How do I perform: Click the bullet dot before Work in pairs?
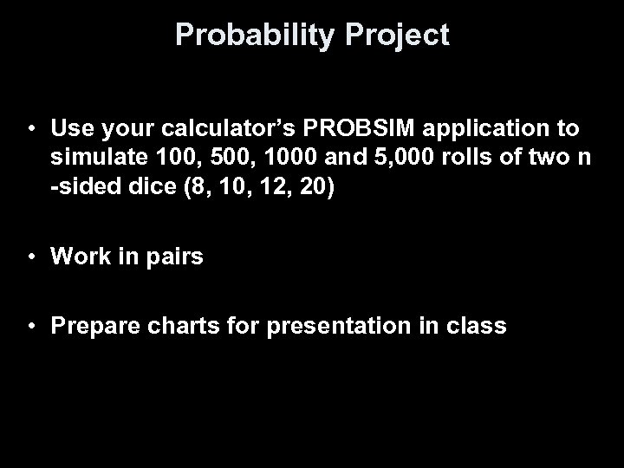31,257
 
